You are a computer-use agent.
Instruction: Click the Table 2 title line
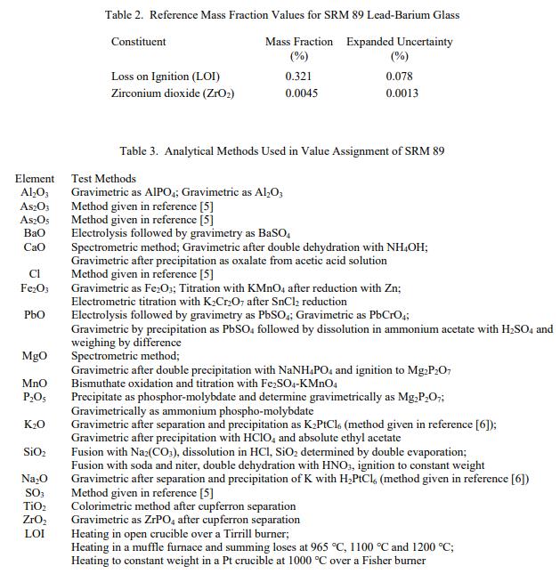coord(282,15)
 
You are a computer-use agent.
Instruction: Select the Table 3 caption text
coord(281,151)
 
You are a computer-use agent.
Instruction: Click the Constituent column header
coord(138,42)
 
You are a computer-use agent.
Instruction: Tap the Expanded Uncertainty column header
coord(399,42)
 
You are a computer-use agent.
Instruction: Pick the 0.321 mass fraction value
coord(298,77)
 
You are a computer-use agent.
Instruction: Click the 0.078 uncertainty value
coord(399,77)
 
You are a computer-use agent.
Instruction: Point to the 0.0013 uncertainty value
coord(402,93)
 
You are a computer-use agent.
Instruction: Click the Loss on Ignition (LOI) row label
coord(166,77)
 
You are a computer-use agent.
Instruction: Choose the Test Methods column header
coord(103,179)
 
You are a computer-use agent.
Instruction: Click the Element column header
coord(35,179)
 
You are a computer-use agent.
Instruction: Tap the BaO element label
coord(35,233)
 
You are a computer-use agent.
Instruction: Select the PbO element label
coord(35,315)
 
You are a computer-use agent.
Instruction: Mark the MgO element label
coord(35,356)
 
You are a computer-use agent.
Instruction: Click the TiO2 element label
coord(35,505)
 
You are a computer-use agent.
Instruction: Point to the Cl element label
coord(35,274)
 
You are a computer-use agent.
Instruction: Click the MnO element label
coord(35,384)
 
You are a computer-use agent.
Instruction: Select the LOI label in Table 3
coord(35,533)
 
